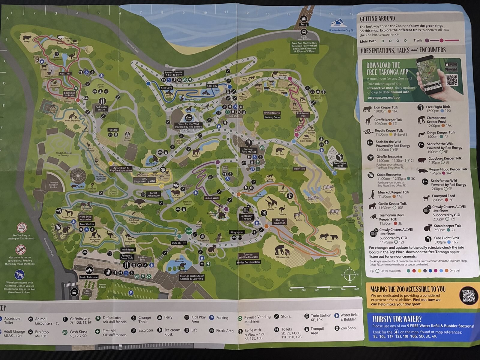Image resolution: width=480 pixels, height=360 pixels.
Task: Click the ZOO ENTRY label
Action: pos(179,243)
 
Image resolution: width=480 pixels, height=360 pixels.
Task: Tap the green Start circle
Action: pos(189,231)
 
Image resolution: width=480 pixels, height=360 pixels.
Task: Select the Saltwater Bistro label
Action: pos(101,108)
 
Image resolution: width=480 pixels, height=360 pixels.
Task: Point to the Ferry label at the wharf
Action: pos(304,24)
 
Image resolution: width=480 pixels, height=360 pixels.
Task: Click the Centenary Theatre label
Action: pos(247,217)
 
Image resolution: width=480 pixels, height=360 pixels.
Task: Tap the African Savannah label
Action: pos(279,221)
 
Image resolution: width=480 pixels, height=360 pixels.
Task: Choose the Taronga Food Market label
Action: pos(249,150)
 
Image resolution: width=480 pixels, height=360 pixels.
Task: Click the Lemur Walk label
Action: pos(212,198)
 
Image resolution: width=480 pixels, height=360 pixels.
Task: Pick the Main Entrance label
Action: pos(89,277)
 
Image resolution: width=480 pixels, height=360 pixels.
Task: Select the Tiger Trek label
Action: pos(299,169)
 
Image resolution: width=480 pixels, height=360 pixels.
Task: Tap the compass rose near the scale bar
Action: pos(349,274)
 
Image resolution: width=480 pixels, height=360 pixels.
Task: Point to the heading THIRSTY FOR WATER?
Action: pos(397,319)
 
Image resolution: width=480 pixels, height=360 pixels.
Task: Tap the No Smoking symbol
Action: pos(22,227)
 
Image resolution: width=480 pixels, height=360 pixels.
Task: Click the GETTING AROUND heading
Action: pos(377,19)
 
